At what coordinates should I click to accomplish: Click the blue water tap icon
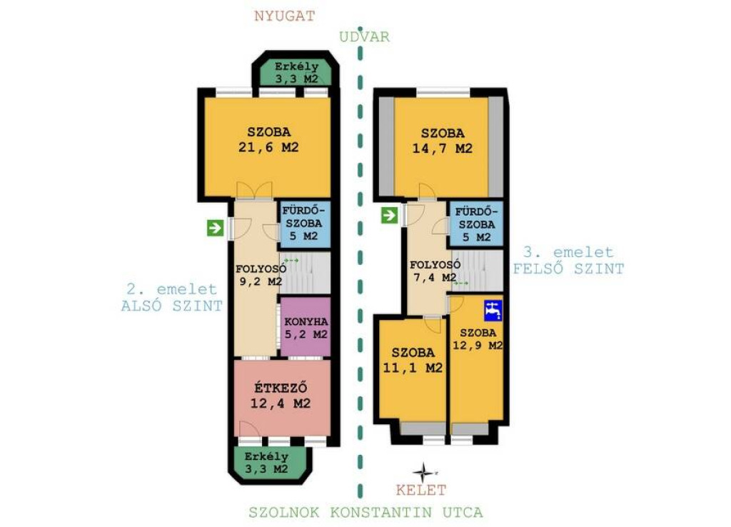click(x=493, y=310)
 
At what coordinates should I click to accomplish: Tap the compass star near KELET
click(x=423, y=473)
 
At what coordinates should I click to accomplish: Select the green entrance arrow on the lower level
click(x=216, y=228)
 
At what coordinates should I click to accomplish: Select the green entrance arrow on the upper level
click(x=389, y=215)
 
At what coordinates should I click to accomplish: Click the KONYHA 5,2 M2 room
click(x=306, y=327)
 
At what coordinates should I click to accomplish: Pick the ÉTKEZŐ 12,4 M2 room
click(x=281, y=397)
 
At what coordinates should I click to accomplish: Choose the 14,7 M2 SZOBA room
click(x=441, y=147)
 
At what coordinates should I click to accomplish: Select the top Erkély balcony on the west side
click(x=296, y=72)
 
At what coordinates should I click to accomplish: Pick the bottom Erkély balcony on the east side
click(x=267, y=463)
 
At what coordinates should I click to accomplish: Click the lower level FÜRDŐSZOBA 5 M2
click(x=305, y=224)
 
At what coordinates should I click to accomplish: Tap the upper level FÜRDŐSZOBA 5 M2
click(x=476, y=224)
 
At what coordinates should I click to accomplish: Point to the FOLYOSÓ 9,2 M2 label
click(x=260, y=275)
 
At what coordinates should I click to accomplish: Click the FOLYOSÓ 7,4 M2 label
click(x=434, y=271)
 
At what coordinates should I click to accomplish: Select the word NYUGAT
click(x=284, y=16)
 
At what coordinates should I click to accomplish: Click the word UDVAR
click(x=364, y=37)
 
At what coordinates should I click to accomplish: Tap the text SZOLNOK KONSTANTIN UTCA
click(x=365, y=512)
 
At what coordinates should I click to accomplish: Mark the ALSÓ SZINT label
click(x=171, y=306)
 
